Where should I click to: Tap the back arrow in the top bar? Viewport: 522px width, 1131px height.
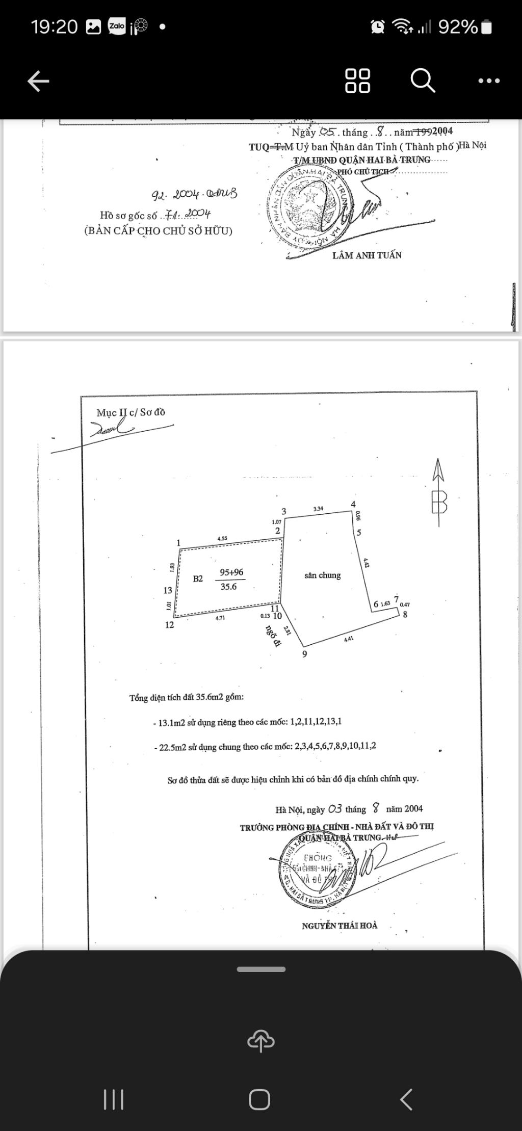38,81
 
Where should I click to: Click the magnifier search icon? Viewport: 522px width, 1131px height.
423,81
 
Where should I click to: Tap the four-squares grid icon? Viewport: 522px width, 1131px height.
358,81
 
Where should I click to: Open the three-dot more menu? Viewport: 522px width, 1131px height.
489,81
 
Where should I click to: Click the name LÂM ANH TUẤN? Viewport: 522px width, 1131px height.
367,255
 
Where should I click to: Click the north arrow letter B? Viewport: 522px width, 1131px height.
439,502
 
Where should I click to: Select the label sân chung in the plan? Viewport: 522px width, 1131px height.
322,575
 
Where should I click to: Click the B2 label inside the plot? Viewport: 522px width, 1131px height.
198,578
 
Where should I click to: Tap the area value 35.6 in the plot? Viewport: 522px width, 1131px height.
228,587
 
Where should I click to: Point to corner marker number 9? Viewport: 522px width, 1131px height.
305,654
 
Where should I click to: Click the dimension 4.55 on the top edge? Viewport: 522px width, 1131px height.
222,538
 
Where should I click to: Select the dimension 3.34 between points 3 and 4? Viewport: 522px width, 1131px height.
318,509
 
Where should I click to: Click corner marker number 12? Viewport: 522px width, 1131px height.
170,625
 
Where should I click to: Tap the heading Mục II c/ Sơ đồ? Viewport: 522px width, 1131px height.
131,412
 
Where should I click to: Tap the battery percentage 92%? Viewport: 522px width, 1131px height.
457,27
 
